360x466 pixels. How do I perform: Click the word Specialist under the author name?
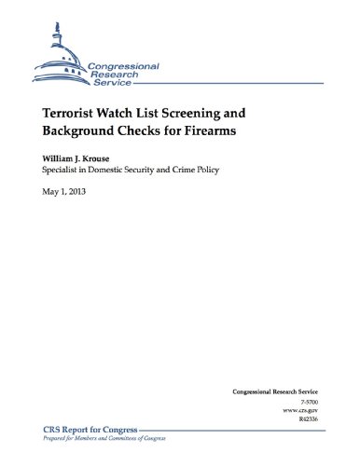pyautogui.click(x=64, y=173)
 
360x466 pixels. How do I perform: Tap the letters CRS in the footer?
pyautogui.click(x=50, y=427)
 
